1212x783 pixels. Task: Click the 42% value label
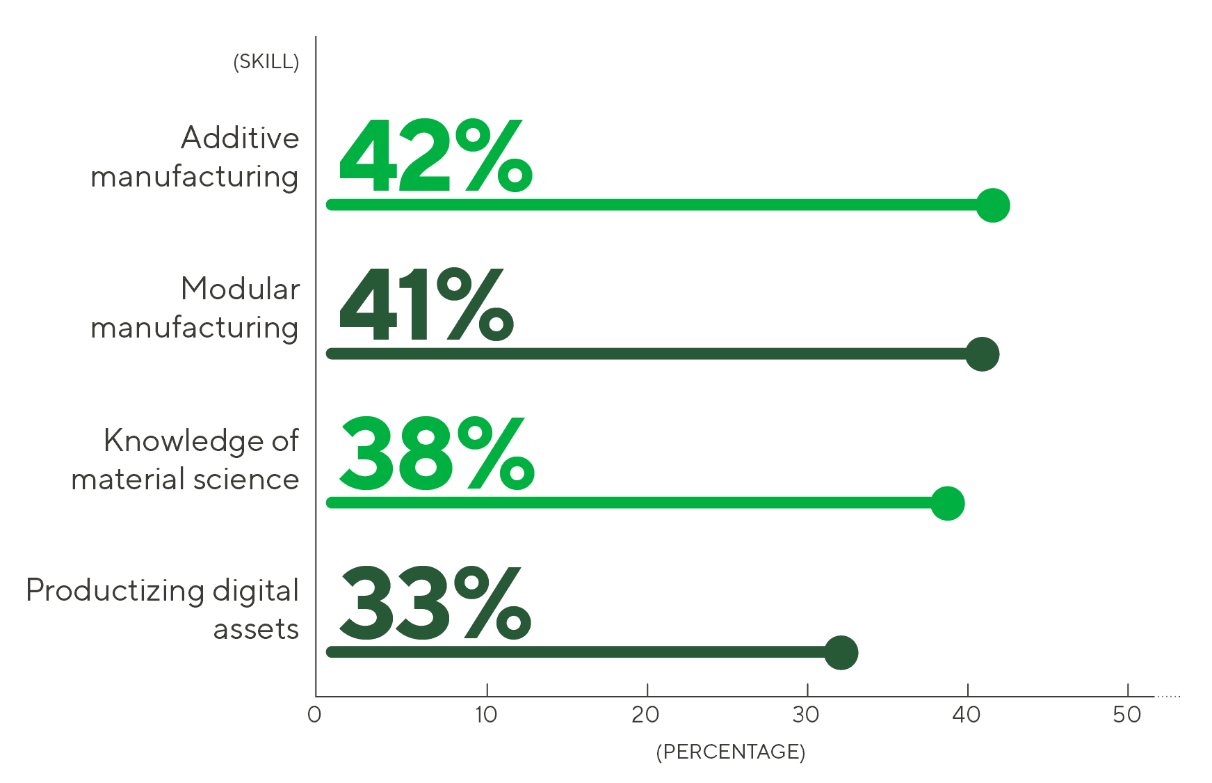(x=435, y=157)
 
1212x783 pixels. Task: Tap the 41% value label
(x=426, y=306)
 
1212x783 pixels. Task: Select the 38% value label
(x=436, y=454)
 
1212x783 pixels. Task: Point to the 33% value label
(x=435, y=603)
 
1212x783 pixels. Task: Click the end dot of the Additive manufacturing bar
(x=992, y=205)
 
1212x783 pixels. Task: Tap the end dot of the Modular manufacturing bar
(x=982, y=354)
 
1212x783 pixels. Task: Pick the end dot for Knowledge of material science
(x=947, y=503)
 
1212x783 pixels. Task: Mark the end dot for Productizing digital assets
(x=841, y=653)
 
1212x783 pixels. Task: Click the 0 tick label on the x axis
(x=314, y=715)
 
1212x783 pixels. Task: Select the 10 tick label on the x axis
(x=486, y=715)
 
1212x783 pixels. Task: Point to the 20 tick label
(x=646, y=715)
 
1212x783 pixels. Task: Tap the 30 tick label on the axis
(x=806, y=715)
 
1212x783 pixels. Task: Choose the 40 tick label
(x=967, y=715)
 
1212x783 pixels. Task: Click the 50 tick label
(x=1126, y=715)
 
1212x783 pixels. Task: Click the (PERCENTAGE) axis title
(x=730, y=752)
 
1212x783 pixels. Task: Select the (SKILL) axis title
(x=266, y=62)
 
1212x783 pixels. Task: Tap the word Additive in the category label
(x=240, y=138)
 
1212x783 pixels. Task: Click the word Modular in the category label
(x=240, y=289)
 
